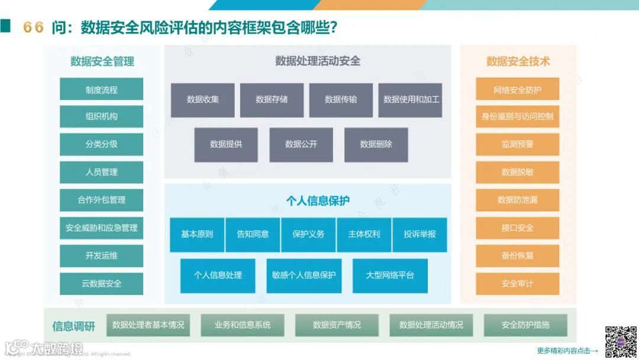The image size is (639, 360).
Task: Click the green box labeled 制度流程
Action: coord(101,89)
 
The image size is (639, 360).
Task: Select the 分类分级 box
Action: coord(101,144)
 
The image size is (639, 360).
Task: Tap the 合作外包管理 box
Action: coord(101,200)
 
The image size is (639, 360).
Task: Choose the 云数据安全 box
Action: coord(101,284)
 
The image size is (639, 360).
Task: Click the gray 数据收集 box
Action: coord(203,99)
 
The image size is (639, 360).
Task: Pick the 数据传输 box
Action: coord(341,99)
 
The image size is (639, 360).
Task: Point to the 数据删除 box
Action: coord(376,144)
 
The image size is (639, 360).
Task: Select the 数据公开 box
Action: coord(301,144)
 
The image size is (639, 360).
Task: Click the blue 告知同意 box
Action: coord(253,234)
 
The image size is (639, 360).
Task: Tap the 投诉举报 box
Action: coord(419,234)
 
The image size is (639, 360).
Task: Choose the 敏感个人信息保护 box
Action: coord(304,275)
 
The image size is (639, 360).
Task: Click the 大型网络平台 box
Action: coord(390,275)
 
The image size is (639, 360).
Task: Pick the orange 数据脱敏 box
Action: coord(518,172)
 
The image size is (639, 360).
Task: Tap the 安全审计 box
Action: coord(518,284)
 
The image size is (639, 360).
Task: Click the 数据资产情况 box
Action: coord(337,325)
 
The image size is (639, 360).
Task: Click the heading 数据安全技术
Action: coord(518,61)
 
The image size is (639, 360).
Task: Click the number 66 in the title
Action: coord(33,27)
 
